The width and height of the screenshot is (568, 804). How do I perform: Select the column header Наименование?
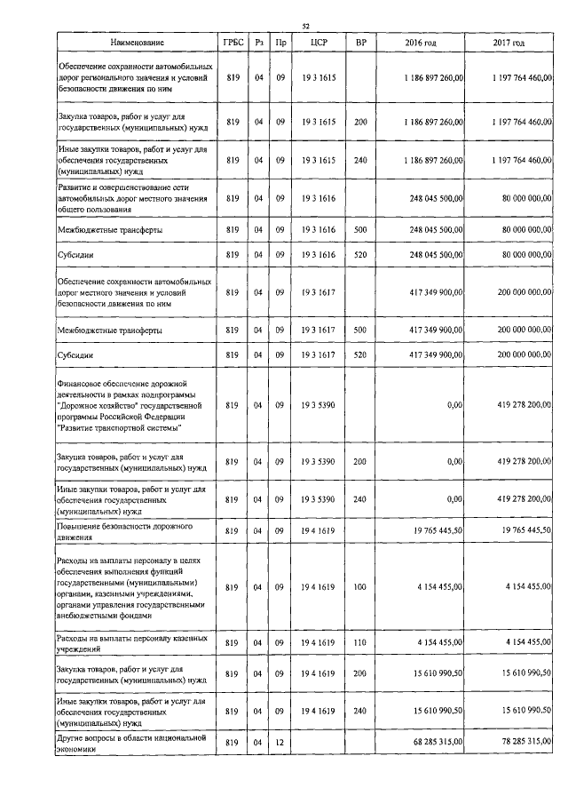137,43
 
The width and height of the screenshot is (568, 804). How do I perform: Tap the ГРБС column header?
233,43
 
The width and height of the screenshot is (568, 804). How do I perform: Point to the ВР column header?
360,43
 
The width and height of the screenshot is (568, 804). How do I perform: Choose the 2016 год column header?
421,43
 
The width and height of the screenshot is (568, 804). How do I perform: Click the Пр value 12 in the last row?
280,743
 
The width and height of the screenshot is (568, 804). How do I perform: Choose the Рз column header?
258,43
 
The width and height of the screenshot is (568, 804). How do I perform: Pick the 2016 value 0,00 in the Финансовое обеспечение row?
454,405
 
